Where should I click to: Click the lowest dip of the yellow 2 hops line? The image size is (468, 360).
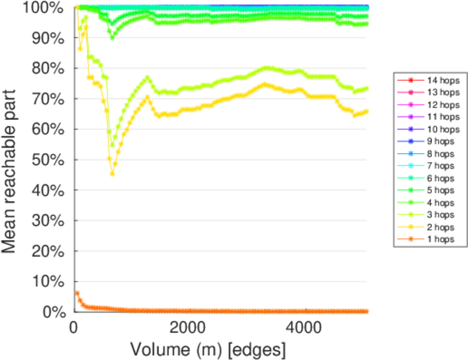112,174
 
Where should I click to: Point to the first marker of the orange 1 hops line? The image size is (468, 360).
77,293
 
